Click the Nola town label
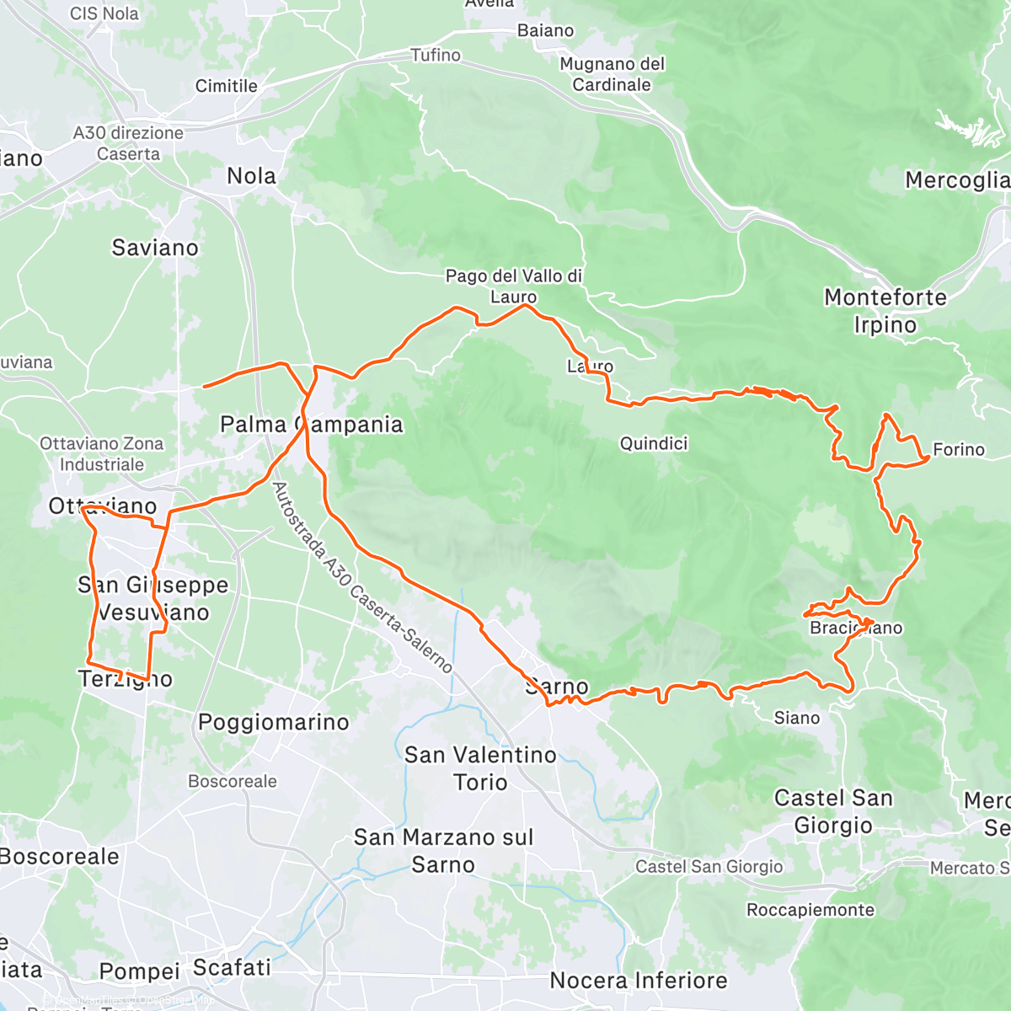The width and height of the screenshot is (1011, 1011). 251,176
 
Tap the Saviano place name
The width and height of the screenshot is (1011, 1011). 155,248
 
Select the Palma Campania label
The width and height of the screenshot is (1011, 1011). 311,425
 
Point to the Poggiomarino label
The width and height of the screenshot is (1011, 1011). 273,722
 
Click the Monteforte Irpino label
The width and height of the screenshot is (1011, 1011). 885,311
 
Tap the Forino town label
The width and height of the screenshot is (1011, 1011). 959,450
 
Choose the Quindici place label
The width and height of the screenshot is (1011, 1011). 654,444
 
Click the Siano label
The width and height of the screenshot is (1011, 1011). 796,718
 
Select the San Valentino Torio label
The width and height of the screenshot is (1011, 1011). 480,768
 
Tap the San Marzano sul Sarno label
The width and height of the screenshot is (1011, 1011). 443,851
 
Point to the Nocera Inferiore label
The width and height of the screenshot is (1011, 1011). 638,981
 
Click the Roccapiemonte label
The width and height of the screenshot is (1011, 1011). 810,910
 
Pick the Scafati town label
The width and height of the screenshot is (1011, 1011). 232,968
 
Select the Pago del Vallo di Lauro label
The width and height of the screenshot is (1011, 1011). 514,286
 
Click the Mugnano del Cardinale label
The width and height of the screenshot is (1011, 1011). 612,74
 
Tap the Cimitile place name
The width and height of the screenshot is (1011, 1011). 226,86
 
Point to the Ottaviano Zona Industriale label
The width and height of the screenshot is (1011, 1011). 102,454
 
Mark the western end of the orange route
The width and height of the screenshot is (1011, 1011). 204,387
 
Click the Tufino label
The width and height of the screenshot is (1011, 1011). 436,56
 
